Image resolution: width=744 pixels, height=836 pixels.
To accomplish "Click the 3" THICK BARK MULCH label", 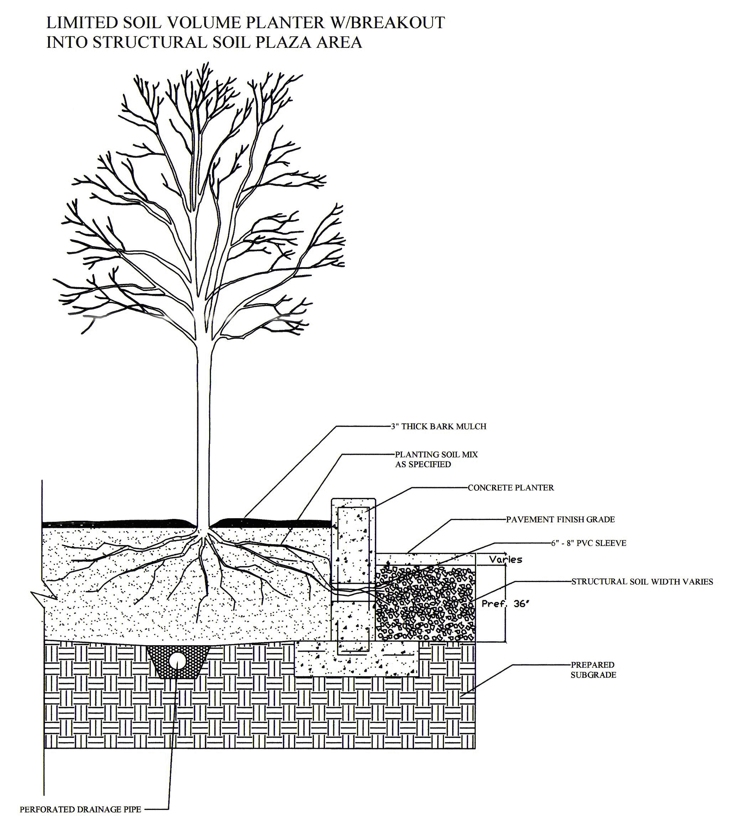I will click(438, 427).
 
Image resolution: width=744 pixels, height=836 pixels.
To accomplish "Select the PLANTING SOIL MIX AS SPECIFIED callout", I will click(436, 459).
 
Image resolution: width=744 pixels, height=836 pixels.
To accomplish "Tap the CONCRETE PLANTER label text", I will click(511, 488).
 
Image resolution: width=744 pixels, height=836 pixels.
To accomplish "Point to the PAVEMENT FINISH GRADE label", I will click(560, 519).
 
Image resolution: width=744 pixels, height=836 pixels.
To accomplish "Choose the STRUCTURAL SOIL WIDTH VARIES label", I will click(642, 581).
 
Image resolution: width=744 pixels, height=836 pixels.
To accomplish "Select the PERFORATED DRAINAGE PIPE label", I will click(81, 809).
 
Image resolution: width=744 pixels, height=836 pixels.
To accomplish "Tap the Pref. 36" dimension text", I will click(505, 604).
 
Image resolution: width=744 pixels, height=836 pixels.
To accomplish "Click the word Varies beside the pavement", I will click(506, 559).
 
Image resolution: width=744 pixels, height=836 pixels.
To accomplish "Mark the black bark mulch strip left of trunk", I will click(119, 522).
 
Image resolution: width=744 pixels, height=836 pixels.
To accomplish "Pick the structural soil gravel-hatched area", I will click(425, 602).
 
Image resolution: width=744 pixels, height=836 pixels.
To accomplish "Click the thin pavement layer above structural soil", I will click(425, 559).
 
